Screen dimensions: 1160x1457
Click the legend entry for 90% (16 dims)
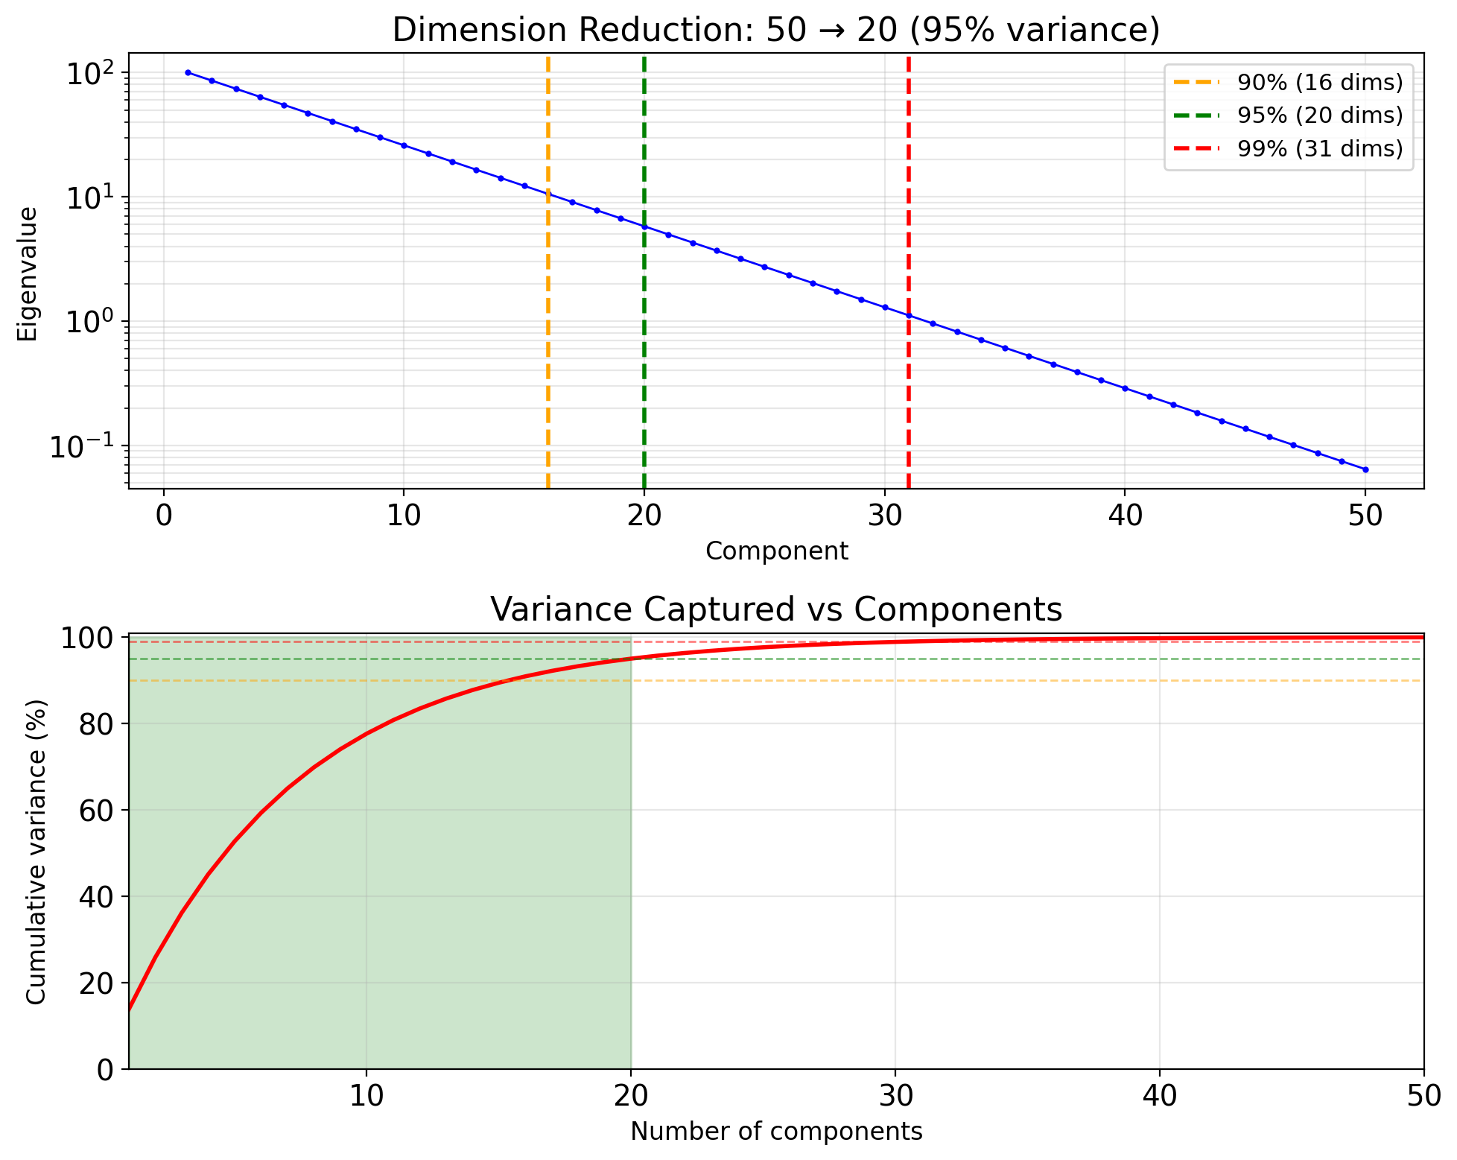coord(1319,83)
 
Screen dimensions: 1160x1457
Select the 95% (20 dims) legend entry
coord(1319,115)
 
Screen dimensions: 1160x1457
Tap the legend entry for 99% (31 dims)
coord(1319,149)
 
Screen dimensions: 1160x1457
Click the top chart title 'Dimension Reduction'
coord(776,30)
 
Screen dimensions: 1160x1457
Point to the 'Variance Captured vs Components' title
coord(776,609)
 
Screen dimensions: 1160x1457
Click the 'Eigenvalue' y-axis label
coord(28,274)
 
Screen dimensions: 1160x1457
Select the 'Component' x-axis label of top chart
coord(776,551)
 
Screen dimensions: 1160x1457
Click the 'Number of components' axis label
coord(776,1132)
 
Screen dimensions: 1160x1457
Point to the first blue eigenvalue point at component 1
coord(188,72)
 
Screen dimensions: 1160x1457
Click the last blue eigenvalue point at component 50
coord(1365,469)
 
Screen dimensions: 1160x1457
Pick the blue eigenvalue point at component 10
coord(404,145)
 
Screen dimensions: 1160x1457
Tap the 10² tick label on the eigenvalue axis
coord(89,75)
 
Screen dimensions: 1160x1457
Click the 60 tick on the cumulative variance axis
coord(98,811)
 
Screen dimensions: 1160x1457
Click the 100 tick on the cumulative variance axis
coord(91,638)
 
